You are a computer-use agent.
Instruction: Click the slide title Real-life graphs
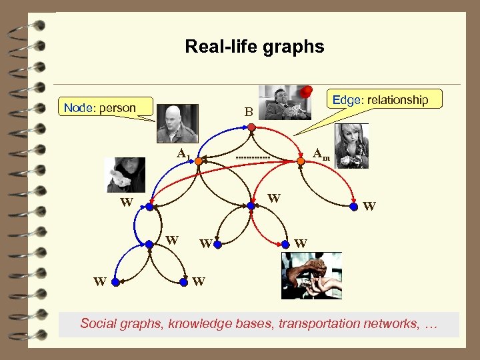254,47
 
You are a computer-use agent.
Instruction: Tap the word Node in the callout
77,107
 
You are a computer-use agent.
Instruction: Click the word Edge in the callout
346,100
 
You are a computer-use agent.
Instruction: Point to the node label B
248,113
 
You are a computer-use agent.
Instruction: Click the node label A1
183,154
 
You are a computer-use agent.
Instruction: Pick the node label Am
321,154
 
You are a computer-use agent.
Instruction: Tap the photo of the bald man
177,123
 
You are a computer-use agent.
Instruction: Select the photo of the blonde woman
351,145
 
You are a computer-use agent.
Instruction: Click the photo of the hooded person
126,175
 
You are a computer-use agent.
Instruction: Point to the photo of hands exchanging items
311,275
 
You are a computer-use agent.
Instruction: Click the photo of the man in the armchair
283,102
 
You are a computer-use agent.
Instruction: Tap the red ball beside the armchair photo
307,91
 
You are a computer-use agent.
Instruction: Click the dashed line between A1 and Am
253,157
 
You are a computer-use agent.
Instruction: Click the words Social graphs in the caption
121,324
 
